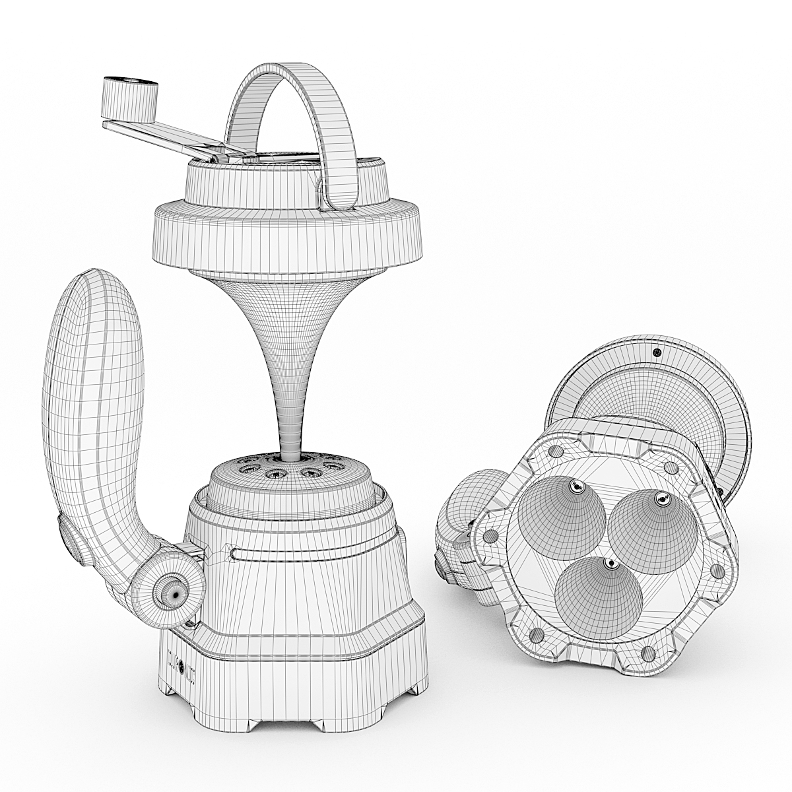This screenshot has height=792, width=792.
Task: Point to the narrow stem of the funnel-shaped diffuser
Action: click(x=288, y=409)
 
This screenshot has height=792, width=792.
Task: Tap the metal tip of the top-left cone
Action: click(x=576, y=487)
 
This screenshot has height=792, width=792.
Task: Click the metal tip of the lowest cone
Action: click(x=609, y=564)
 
